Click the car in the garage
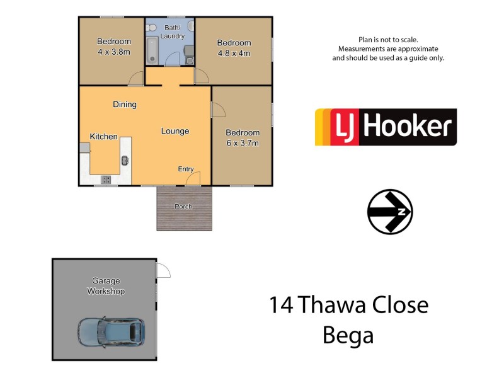[112, 331]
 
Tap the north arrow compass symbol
[390, 212]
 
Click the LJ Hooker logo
[386, 127]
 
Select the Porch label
[184, 207]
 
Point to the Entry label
[186, 169]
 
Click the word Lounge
[175, 131]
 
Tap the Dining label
[125, 105]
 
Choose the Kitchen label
[103, 136]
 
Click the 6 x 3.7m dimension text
[243, 143]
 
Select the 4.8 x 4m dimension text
[234, 53]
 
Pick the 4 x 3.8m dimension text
[113, 52]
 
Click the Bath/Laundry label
[172, 32]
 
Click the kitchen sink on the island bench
[125, 160]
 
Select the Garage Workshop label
[106, 286]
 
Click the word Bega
[348, 335]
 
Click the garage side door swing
[163, 271]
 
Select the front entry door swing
[193, 179]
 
